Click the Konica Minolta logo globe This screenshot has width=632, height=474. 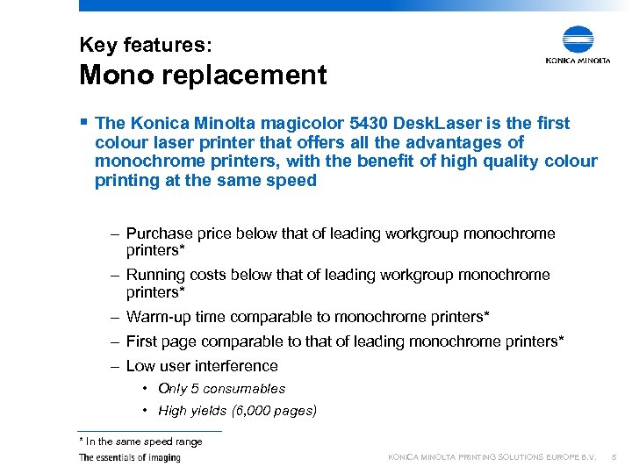(x=578, y=40)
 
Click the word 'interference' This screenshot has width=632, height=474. (x=236, y=366)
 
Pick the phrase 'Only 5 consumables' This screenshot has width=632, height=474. (x=221, y=389)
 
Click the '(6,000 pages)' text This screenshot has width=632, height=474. (x=275, y=411)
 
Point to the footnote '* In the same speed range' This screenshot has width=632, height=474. (x=140, y=442)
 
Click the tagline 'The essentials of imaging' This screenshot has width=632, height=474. (x=129, y=457)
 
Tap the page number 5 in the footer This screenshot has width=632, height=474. (x=614, y=457)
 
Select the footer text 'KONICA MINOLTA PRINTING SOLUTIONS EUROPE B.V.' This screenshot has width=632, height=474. (x=492, y=457)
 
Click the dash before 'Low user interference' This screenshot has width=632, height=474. (x=115, y=366)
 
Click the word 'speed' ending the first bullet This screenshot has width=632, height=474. (x=294, y=181)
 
